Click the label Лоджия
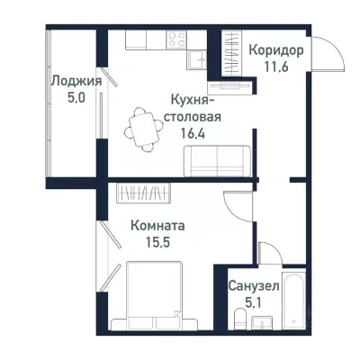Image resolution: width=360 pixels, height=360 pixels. click(75, 81)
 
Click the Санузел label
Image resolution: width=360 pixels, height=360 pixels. click(254, 285)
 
